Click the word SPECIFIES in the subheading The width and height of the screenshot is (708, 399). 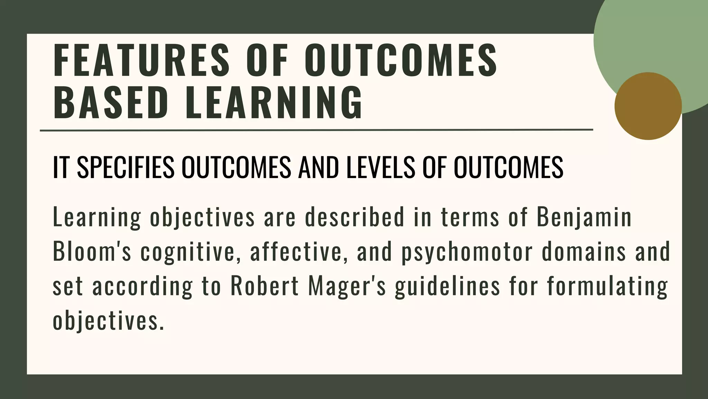(x=125, y=168)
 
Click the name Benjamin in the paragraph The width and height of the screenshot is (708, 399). (x=584, y=217)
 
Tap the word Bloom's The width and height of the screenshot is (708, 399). (x=92, y=252)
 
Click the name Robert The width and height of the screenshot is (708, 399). (x=264, y=286)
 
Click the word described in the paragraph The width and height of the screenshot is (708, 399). (x=354, y=217)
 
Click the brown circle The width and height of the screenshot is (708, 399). (x=648, y=106)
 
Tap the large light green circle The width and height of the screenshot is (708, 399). (x=650, y=38)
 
